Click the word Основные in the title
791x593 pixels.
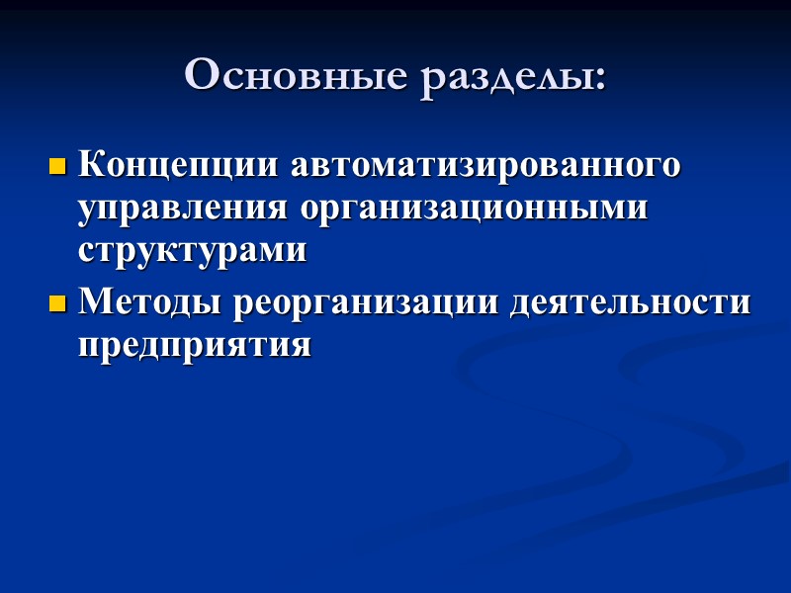(295, 76)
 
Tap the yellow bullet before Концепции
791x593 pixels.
(56, 165)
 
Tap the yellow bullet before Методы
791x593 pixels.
(56, 301)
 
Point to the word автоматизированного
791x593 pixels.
(484, 164)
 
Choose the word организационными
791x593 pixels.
(474, 209)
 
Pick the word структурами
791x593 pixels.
(193, 251)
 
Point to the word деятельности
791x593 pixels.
(630, 300)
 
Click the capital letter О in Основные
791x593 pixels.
(201, 76)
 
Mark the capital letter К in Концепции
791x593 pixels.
(92, 164)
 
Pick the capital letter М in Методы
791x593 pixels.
(97, 300)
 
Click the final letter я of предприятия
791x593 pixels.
(302, 347)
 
